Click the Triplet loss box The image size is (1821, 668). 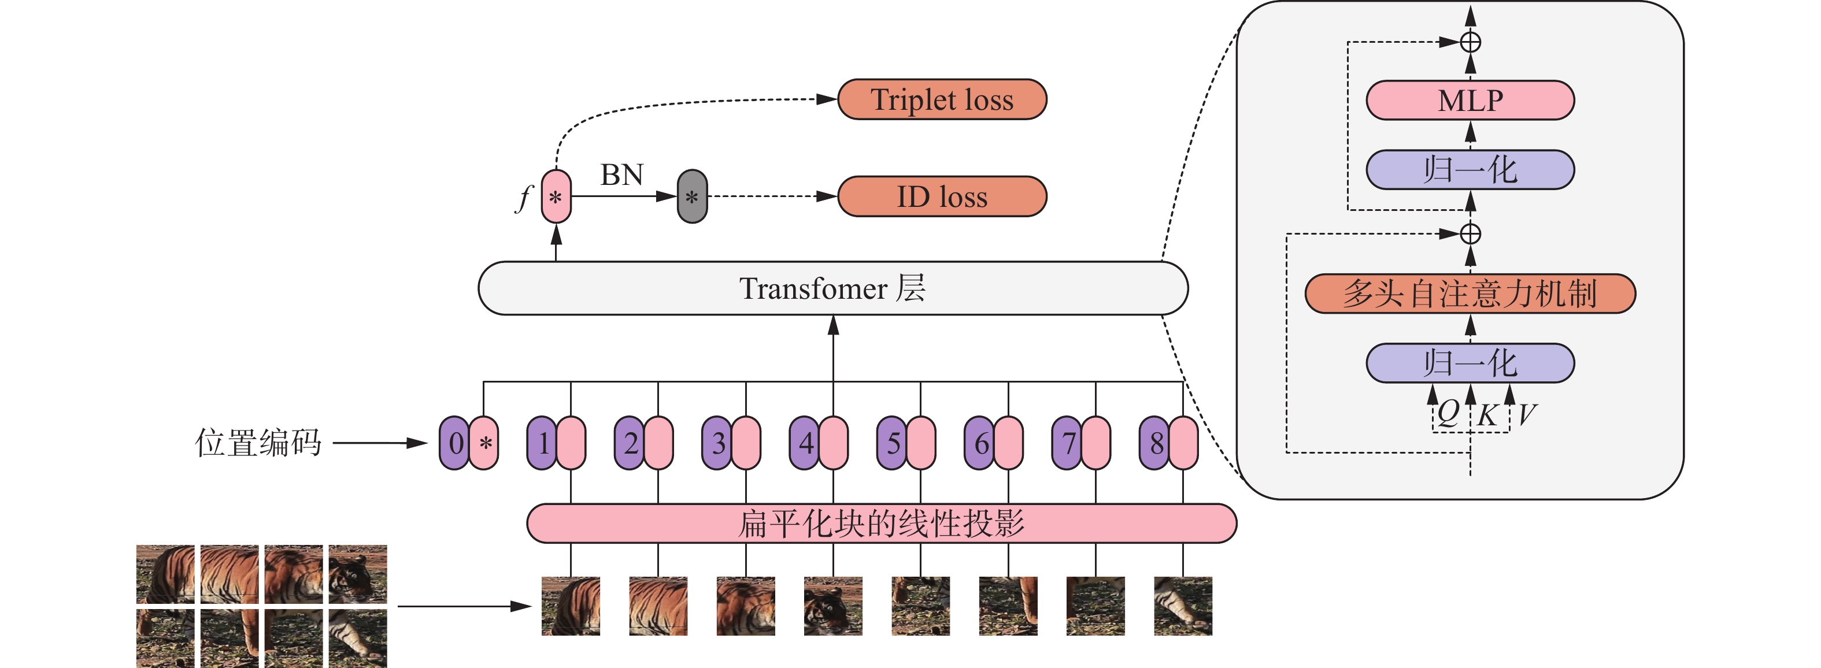(942, 99)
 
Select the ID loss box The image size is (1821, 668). (942, 196)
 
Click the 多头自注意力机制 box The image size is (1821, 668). (1470, 294)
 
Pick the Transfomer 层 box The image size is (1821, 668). (832, 288)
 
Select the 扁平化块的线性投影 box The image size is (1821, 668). (882, 524)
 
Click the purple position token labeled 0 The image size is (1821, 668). (454, 443)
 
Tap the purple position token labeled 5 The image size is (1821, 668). (892, 443)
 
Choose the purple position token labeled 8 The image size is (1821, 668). (1154, 443)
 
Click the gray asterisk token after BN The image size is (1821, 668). (692, 196)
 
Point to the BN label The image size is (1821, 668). (622, 175)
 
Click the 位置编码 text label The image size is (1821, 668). (258, 443)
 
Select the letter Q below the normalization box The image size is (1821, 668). (1447, 412)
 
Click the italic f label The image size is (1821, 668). (524, 198)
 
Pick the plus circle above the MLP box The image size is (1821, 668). (1470, 42)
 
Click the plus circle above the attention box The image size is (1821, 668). (1470, 234)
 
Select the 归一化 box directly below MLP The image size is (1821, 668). (1470, 170)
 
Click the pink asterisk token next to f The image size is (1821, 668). (556, 196)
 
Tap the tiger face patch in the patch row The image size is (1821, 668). (832, 606)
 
